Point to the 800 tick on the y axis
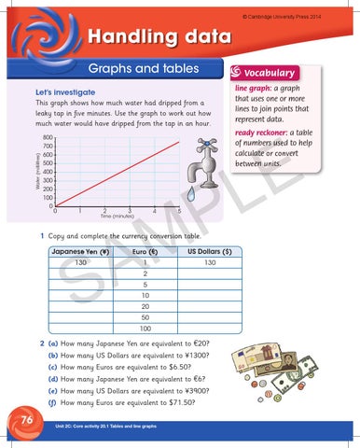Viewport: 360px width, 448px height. coord(47,137)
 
